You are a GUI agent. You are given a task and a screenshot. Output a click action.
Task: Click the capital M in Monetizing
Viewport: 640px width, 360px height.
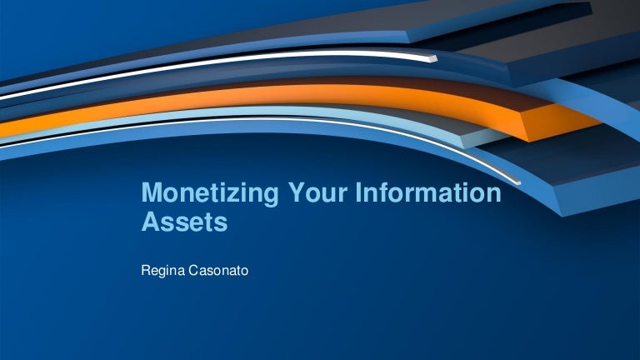coord(151,194)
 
